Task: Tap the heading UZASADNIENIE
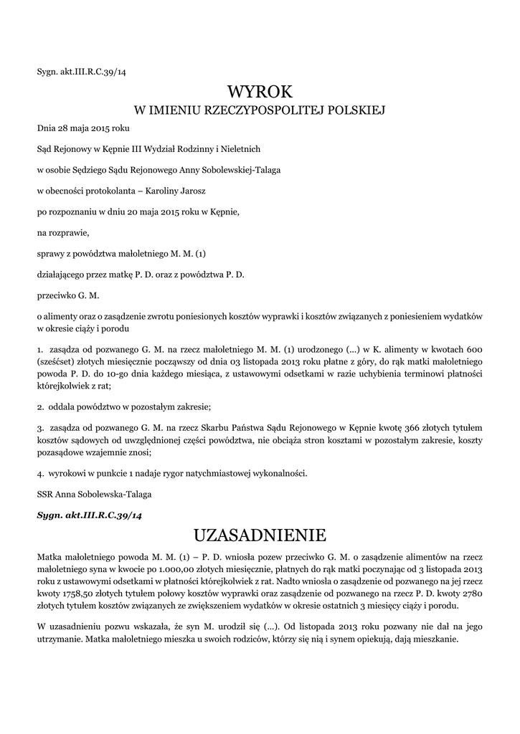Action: coord(260,535)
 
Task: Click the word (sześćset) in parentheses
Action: coord(57,361)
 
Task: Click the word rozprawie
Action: coord(68,232)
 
